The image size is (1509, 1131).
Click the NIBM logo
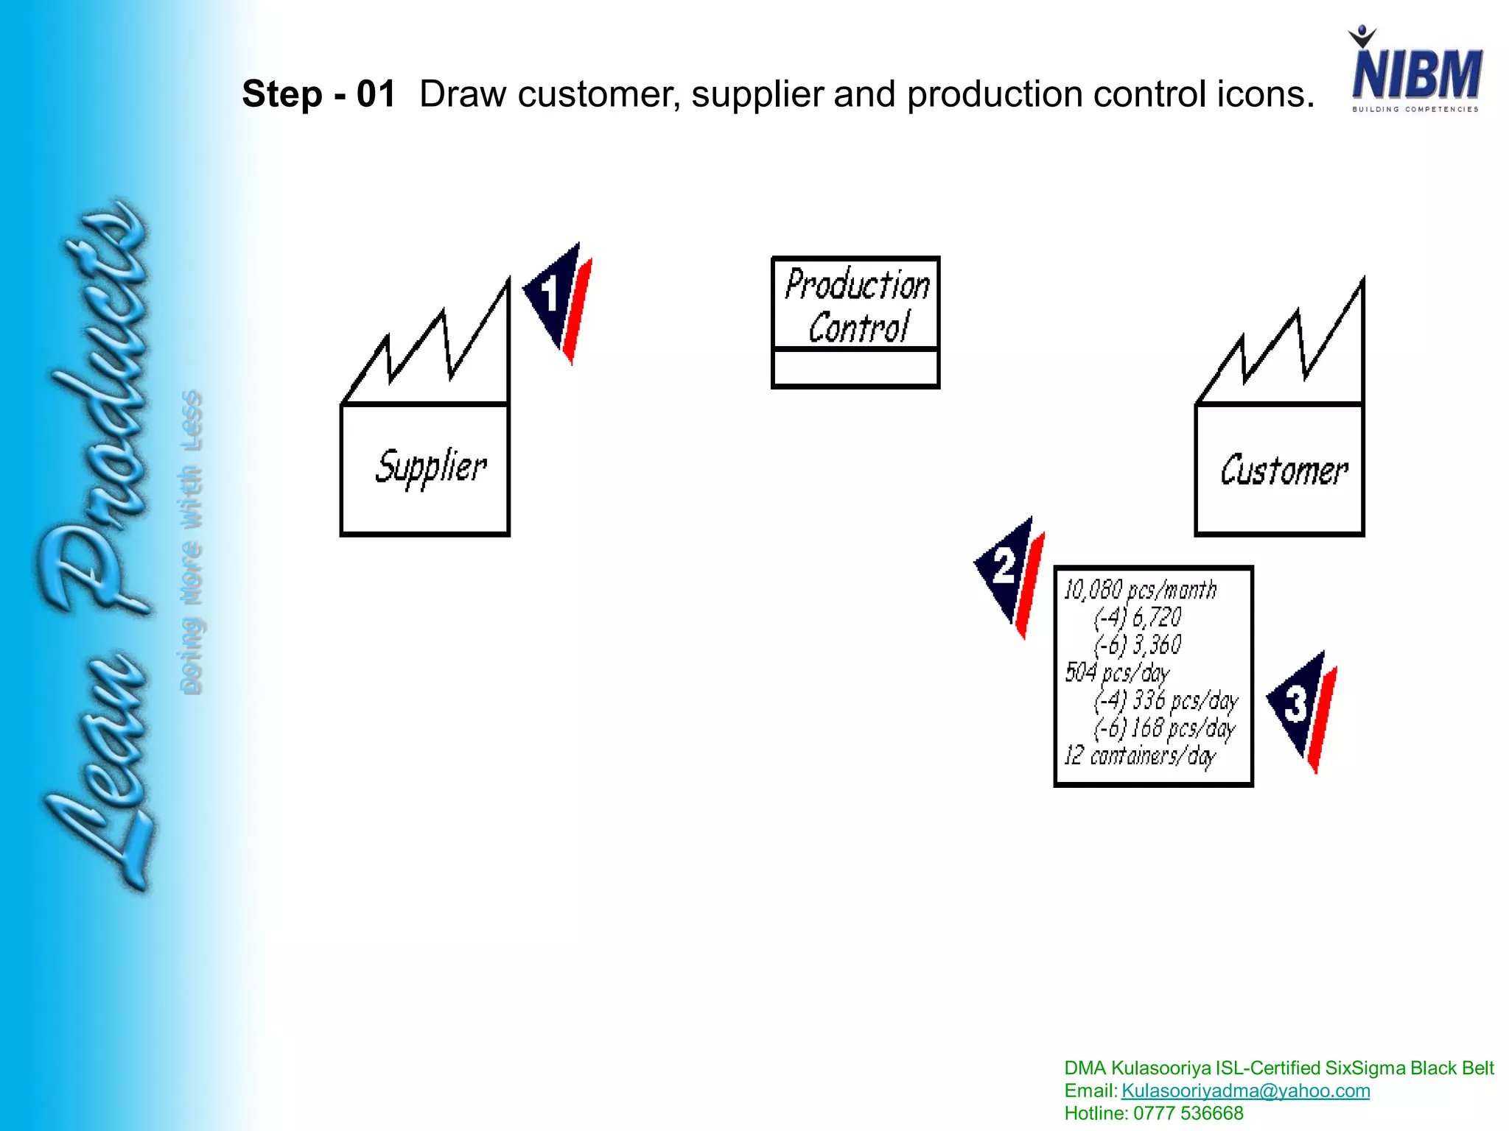click(1415, 72)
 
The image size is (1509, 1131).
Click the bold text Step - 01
click(318, 94)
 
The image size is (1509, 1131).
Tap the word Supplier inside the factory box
click(430, 467)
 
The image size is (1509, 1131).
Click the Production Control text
click(857, 305)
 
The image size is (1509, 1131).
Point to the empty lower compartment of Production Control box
click(855, 368)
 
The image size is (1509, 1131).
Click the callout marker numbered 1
click(557, 300)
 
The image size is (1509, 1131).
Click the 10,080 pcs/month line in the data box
click(1140, 590)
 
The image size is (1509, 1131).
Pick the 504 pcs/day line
click(1117, 672)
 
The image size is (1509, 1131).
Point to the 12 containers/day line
click(1139, 756)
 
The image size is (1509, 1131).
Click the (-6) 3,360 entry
click(1138, 645)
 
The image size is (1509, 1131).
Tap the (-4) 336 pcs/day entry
click(1166, 700)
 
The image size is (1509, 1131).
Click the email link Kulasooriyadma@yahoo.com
click(1245, 1091)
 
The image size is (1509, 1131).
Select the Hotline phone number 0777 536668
click(1188, 1113)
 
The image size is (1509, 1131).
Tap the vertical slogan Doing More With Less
click(191, 541)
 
